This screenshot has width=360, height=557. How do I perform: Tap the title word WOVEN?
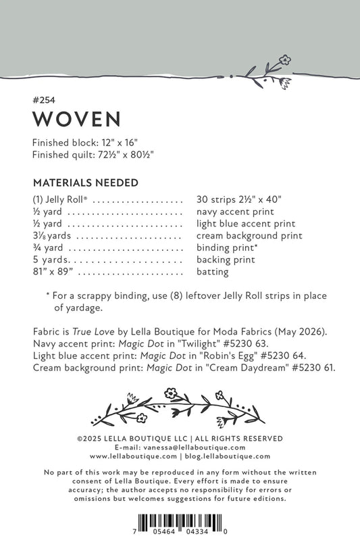[76, 119]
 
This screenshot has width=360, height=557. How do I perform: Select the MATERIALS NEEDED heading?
[85, 183]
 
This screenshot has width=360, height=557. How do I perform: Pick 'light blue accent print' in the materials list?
[246, 224]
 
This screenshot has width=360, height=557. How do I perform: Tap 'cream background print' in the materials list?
[249, 236]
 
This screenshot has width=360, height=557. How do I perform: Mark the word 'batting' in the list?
[212, 272]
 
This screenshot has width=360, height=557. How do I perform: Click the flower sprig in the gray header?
[268, 72]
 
